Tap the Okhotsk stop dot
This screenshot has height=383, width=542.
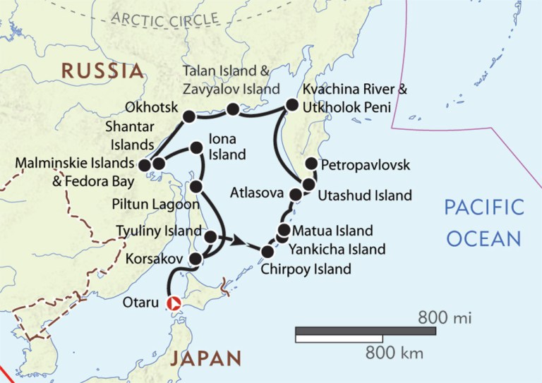point(188,116)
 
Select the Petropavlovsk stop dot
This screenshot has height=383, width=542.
point(311,164)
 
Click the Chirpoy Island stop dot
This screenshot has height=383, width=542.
point(267,252)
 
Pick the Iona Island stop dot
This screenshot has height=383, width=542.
point(193,149)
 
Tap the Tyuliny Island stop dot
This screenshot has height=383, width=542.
point(210,236)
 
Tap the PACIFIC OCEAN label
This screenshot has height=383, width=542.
point(483,222)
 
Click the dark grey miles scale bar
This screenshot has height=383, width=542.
point(365,330)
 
